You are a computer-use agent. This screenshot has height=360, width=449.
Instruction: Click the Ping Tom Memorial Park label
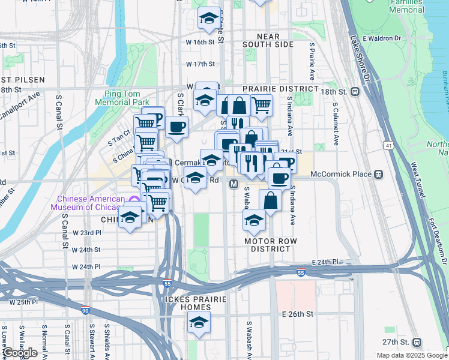(125, 98)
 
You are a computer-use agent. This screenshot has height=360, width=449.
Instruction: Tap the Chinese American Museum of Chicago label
(92, 203)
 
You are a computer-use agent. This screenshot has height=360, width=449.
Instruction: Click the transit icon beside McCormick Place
(379, 174)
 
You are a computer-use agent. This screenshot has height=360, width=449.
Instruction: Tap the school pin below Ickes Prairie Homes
(199, 322)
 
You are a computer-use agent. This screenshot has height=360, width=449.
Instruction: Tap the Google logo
(20, 353)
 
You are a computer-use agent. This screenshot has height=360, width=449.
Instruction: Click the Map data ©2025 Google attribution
(411, 355)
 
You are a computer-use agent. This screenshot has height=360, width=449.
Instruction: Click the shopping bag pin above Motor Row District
(270, 200)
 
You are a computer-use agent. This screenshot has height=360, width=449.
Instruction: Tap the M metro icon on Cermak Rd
(234, 184)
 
